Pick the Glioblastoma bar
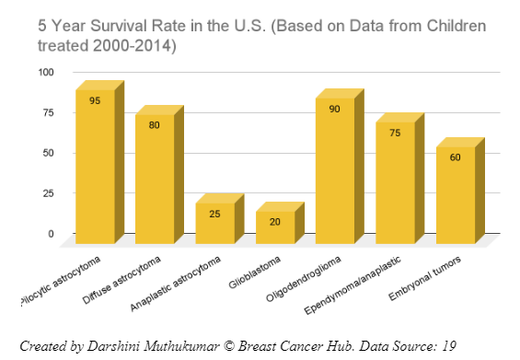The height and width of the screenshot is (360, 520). coord(275,226)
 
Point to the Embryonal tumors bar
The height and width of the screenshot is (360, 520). coord(456,194)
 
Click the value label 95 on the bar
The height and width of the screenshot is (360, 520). coord(95,100)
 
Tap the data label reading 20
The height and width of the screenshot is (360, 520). coord(275,222)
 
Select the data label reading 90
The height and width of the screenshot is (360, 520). coord(335,109)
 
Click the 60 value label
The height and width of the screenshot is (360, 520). coord(456,157)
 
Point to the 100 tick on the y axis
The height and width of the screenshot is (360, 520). coord(46,72)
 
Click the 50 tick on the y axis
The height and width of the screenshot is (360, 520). coord(49,153)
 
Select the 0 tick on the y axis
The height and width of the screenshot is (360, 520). coord(52,234)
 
